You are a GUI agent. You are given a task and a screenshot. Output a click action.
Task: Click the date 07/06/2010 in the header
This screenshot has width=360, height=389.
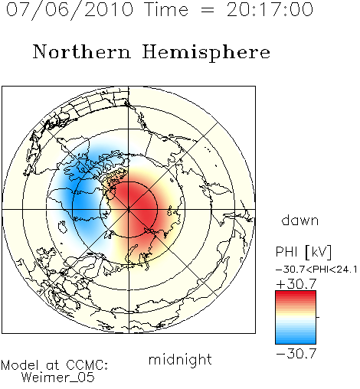tap(70, 10)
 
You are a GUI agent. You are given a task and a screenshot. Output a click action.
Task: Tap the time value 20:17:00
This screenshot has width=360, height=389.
tap(270, 10)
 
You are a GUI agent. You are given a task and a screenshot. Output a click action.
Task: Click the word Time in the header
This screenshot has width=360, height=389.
tap(166, 10)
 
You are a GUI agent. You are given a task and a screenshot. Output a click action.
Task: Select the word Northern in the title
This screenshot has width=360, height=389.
tap(82, 52)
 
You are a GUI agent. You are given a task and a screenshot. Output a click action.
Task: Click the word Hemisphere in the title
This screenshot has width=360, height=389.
tap(206, 53)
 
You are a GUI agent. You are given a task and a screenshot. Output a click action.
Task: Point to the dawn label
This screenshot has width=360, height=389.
tap(300, 220)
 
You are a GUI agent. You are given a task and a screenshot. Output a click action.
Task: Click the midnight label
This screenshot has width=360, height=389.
tap(180, 359)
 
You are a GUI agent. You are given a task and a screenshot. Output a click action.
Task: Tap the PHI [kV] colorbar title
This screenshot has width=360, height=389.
tap(303, 252)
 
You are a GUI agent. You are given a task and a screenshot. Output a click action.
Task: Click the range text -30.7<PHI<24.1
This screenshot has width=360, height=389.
tap(316, 270)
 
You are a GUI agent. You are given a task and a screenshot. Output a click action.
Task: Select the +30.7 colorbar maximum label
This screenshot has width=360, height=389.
tap(296, 284)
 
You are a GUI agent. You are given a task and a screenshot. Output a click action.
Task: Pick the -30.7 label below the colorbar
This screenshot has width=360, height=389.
tap(296, 354)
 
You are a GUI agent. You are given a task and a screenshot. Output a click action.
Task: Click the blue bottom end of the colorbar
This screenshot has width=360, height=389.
tap(296, 342)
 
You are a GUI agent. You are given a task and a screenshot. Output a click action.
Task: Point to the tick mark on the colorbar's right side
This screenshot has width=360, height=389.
tap(318, 317)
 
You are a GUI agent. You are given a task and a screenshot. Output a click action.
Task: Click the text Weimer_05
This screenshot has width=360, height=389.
tap(58, 378)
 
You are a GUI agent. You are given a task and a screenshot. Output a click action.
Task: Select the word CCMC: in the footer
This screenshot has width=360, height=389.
tap(87, 365)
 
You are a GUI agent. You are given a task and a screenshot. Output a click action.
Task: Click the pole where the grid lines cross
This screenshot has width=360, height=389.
tap(129, 209)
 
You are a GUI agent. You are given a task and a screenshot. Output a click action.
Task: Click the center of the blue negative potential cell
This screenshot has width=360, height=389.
tap(83, 194)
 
